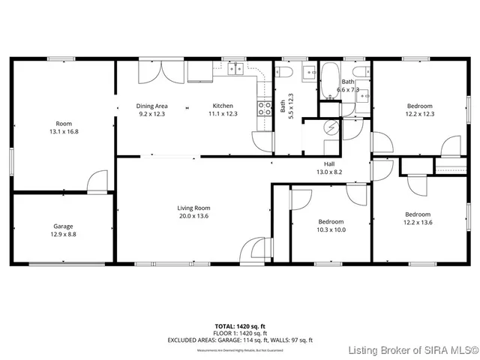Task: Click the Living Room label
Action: (x=193, y=208)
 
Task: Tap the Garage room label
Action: (x=62, y=226)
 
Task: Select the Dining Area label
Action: (x=151, y=106)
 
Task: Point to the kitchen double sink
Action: (x=236, y=70)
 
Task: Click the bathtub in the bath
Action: (x=330, y=80)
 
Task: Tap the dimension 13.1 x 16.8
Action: (x=63, y=131)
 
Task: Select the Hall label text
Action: (x=328, y=163)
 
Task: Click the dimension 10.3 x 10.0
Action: (x=330, y=230)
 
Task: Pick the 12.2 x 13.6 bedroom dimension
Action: (x=418, y=222)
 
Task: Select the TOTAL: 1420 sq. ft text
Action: (x=240, y=326)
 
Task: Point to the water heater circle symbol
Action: (x=329, y=128)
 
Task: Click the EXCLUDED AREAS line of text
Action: (x=240, y=340)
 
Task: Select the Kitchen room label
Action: (x=223, y=106)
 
